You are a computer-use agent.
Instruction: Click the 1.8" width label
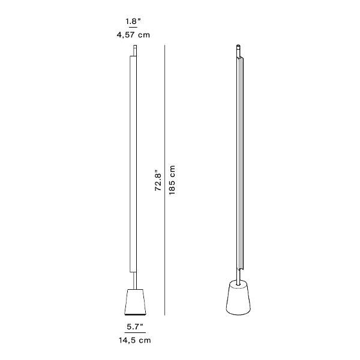133,22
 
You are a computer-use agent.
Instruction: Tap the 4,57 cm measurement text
133,35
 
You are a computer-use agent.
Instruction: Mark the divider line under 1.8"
133,28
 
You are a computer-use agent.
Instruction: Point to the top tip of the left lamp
136,49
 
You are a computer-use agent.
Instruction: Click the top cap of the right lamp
239,46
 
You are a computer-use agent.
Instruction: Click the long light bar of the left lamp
133,162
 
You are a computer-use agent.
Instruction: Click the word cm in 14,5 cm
145,340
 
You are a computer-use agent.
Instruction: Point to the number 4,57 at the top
127,35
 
